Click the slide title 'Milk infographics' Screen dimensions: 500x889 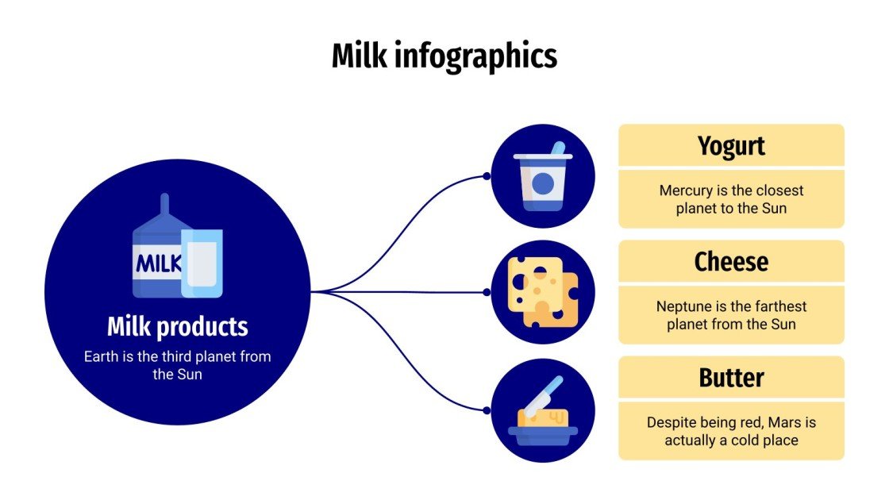tap(444, 56)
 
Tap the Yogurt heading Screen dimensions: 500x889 tap(731, 146)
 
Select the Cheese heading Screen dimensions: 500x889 tap(731, 262)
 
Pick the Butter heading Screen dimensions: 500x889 tap(731, 378)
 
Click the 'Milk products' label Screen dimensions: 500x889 tap(177, 326)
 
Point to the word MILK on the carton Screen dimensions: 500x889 tap(159, 263)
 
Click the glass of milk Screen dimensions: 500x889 tap(202, 263)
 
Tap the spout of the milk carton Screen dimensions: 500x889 tap(164, 205)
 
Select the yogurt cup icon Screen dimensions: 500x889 tap(543, 183)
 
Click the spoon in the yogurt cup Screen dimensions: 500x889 tap(557, 150)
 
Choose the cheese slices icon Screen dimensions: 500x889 tap(543, 292)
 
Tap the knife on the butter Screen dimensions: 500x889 tap(544, 394)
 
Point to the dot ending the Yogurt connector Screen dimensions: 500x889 tap(487, 176)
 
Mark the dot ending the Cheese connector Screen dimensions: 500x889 tap(487, 292)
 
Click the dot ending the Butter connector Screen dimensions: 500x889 tap(487, 410)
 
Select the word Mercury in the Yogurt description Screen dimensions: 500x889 tap(683, 190)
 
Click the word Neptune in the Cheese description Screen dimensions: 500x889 tap(682, 306)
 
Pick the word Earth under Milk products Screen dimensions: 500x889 tap(102, 356)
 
